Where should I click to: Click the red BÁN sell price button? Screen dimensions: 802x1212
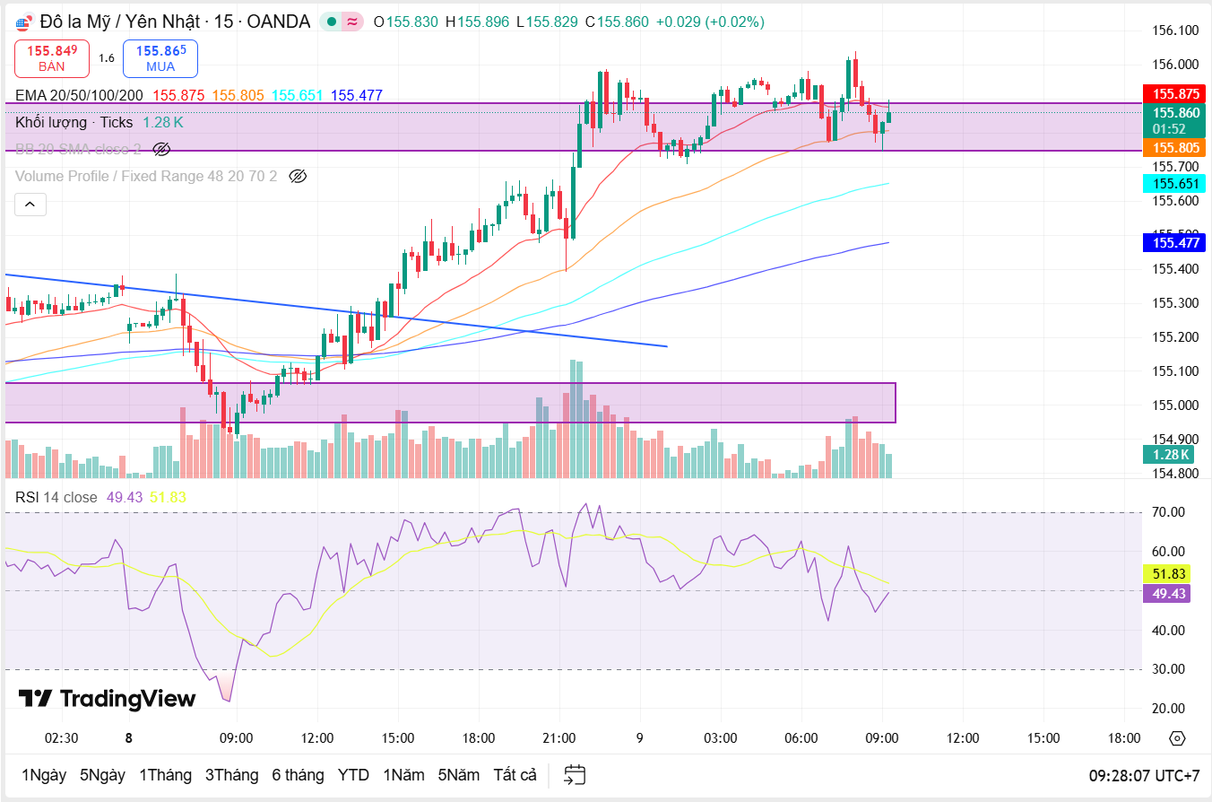(52, 58)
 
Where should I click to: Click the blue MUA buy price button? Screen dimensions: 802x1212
(160, 58)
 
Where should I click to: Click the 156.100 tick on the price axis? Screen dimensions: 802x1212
(1175, 31)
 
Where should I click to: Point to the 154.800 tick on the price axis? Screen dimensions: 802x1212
(1175, 474)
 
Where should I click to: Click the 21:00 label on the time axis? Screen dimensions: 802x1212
(559, 738)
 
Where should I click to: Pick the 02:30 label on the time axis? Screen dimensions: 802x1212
(61, 738)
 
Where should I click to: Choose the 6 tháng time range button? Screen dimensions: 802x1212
(298, 775)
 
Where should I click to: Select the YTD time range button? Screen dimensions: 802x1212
(353, 775)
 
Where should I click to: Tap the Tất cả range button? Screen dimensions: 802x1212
(515, 775)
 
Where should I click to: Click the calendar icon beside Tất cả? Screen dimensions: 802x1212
(575, 775)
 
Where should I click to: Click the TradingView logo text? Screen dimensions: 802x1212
(107, 699)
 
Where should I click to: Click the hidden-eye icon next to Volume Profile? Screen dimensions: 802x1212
(299, 176)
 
